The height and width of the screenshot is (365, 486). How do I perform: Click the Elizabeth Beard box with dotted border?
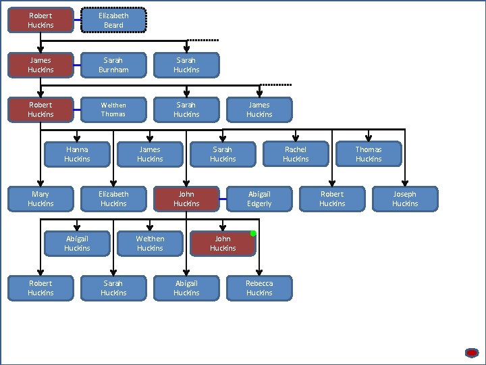113,20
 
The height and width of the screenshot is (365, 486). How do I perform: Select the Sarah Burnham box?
113,65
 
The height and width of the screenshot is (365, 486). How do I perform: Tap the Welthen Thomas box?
113,109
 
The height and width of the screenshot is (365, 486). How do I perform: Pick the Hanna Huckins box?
77,154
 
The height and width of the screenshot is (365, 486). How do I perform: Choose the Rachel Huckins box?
296,154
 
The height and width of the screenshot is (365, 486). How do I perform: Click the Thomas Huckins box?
369,154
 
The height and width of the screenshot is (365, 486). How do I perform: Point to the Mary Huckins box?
40,199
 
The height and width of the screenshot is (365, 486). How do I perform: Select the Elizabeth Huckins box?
113,199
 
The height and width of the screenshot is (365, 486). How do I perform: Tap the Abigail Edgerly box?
259,199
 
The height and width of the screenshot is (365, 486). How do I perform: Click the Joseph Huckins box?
405,199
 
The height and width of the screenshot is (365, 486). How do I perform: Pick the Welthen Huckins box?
150,243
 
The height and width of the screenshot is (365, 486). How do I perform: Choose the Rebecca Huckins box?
259,289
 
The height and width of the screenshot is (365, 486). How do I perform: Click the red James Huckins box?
40,65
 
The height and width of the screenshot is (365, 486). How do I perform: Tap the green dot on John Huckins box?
253,233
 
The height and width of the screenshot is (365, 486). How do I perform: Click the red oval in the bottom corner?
472,353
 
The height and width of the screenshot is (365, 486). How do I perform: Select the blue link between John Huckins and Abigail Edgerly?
223,199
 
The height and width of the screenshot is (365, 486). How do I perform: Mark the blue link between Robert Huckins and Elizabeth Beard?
78,20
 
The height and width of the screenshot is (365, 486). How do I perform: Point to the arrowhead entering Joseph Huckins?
405,183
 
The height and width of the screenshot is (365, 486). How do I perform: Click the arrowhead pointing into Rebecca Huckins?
259,272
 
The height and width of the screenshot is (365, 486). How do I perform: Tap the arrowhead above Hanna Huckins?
77,139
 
